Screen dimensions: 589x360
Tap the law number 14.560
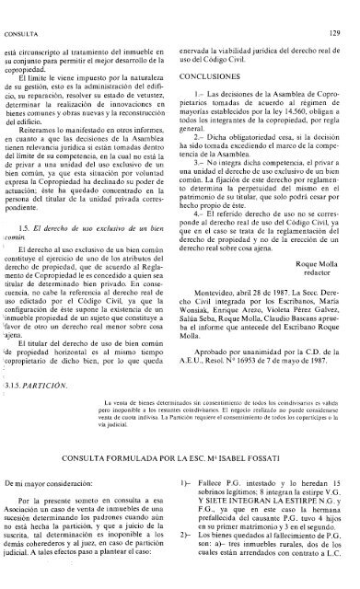tap(286, 88)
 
